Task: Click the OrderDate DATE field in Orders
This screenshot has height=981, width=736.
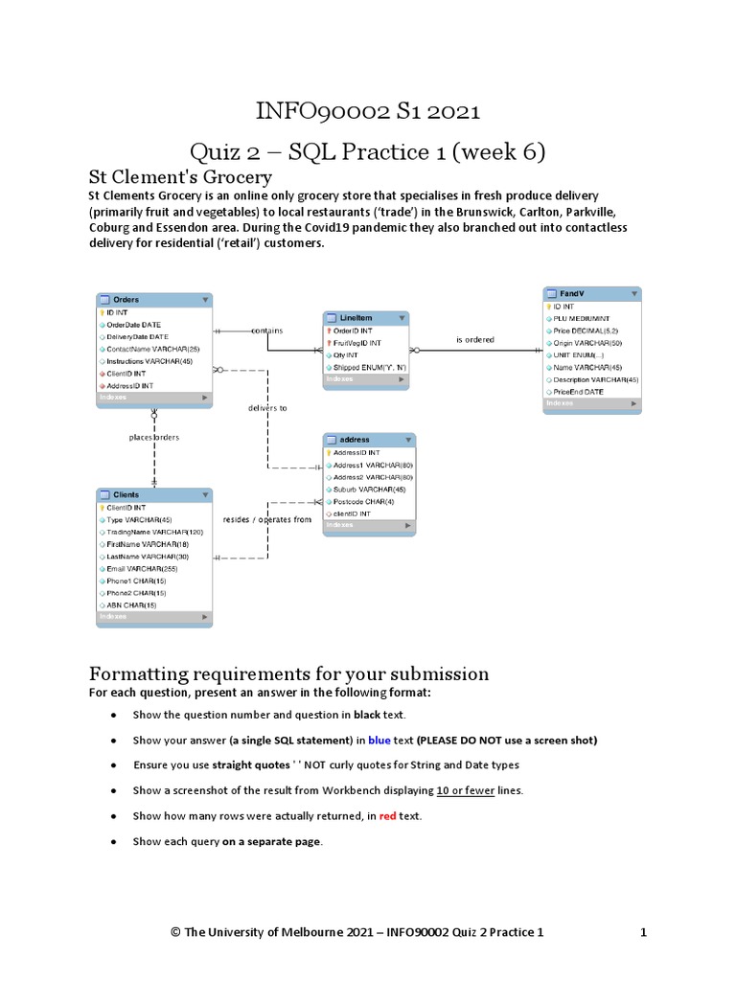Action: click(x=133, y=325)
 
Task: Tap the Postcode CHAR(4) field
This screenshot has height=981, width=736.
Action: click(x=362, y=501)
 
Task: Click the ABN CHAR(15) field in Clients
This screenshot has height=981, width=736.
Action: click(x=132, y=605)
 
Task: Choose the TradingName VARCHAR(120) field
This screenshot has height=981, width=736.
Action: click(x=154, y=532)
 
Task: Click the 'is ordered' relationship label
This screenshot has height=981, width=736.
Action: click(x=475, y=339)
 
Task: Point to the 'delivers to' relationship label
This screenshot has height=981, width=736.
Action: click(x=267, y=407)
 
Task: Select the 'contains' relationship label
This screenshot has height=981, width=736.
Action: click(x=266, y=331)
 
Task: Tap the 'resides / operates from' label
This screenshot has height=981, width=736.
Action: click(x=267, y=519)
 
